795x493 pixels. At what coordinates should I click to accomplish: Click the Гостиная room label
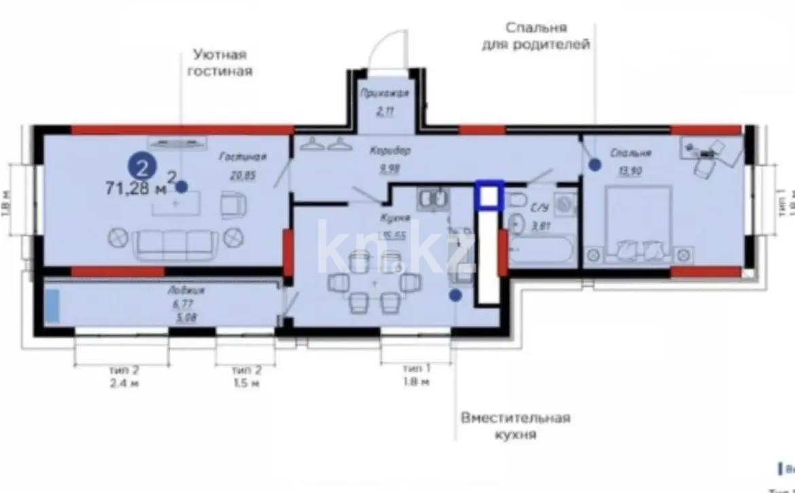[x=242, y=157]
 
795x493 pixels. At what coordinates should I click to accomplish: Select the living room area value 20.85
[x=243, y=175]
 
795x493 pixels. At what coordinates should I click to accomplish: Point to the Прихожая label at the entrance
[x=385, y=94]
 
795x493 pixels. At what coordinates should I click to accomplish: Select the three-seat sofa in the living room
[x=177, y=244]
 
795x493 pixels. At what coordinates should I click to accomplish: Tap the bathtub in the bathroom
[x=541, y=250]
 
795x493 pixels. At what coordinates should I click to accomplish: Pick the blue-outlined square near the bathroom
[x=489, y=195]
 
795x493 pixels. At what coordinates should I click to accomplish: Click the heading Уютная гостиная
[x=219, y=62]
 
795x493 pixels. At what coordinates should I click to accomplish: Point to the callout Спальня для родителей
[x=536, y=36]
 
